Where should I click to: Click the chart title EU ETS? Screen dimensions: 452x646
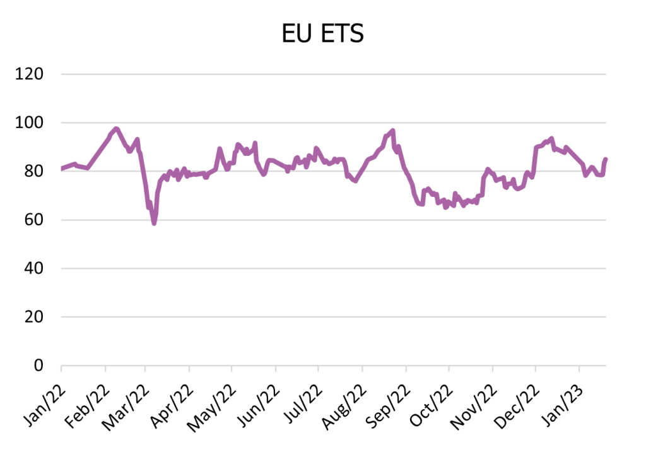click(x=322, y=33)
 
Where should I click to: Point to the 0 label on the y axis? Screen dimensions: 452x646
click(x=38, y=366)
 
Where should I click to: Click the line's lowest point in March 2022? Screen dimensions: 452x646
click(x=154, y=223)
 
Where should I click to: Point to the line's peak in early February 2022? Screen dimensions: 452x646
click(x=116, y=129)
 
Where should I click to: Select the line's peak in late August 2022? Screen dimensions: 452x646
click(x=392, y=131)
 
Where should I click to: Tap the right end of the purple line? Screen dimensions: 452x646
click(x=606, y=160)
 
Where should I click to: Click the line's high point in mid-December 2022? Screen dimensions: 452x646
click(x=551, y=139)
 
